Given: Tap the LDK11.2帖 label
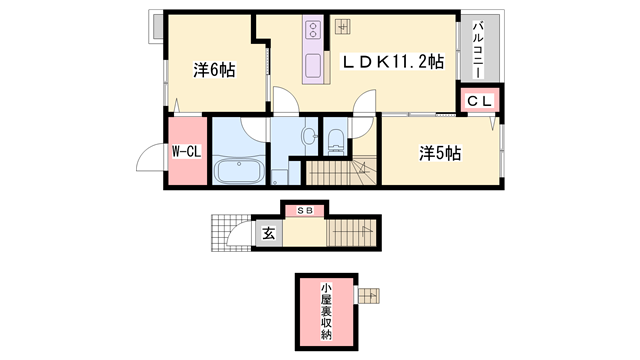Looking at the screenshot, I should [x=393, y=62].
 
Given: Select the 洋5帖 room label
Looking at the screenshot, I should [x=439, y=152].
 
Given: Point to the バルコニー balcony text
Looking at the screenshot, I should [x=479, y=50].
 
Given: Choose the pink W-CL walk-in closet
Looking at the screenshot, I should [x=187, y=152].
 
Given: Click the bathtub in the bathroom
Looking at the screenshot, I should [x=239, y=172].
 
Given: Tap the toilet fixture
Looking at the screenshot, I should [x=334, y=139].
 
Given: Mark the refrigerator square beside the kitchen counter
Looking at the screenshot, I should [x=342, y=27].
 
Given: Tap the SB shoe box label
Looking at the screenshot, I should [x=302, y=211].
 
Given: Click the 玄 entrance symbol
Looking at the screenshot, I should [x=268, y=234].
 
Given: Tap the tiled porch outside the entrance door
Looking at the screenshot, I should [x=226, y=234].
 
